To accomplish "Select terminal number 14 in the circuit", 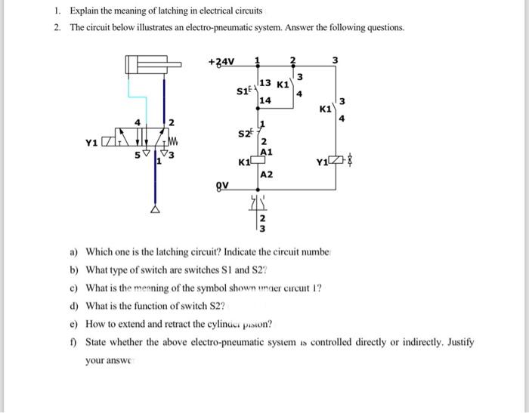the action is click(264, 100).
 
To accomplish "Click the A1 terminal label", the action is click(266, 152).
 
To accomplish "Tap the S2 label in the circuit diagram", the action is click(243, 134).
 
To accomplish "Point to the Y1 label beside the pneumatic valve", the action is click(91, 140).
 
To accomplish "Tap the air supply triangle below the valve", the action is click(156, 210).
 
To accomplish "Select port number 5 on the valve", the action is click(138, 156).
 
